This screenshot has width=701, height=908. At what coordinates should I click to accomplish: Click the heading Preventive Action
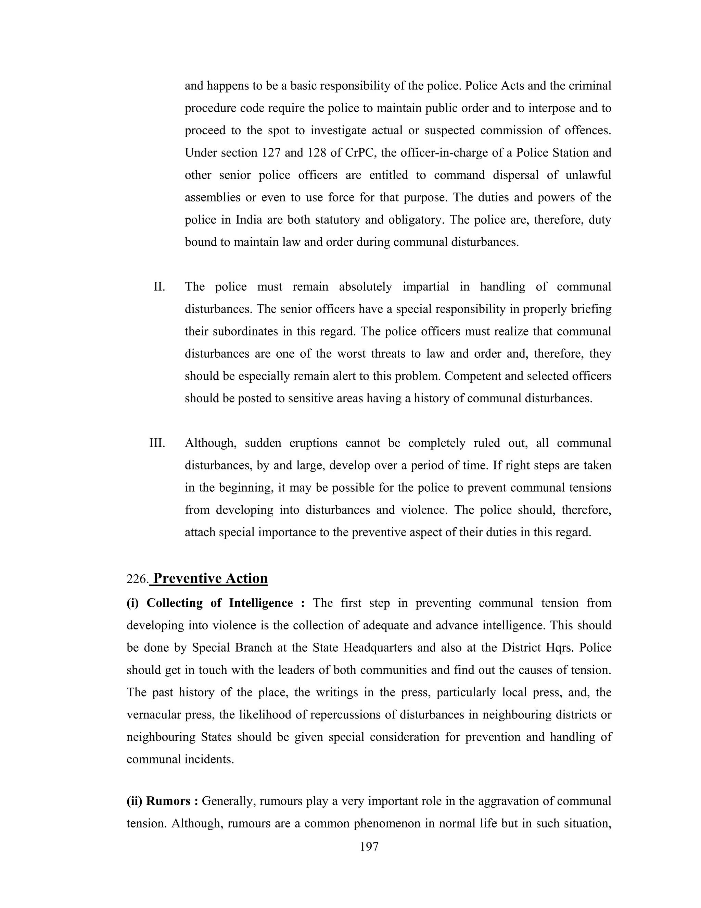(210, 578)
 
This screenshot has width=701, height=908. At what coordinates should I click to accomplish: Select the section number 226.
(137, 579)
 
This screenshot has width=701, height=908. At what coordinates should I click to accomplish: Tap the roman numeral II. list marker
(160, 287)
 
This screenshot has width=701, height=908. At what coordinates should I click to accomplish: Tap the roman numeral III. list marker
(157, 443)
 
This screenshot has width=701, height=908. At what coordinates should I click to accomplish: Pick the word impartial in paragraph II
(426, 287)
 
